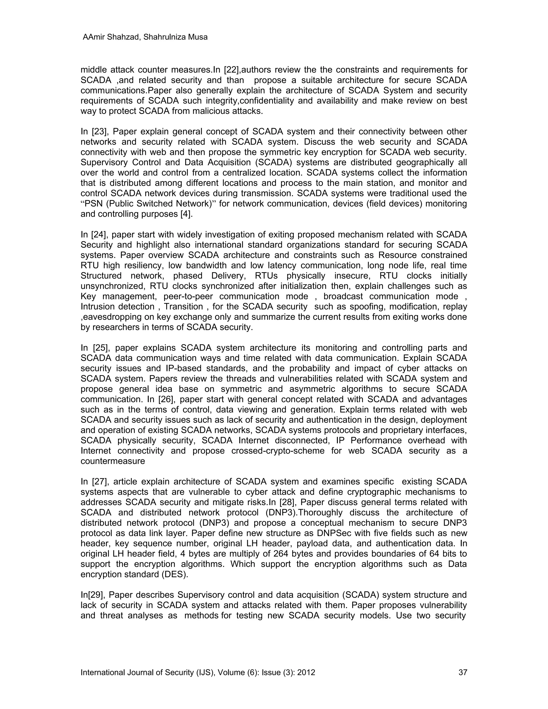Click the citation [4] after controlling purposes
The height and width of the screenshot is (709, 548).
pos(186,214)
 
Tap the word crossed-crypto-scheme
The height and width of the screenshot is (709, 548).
pos(278,451)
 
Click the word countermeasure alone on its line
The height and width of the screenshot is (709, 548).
pos(113,461)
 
